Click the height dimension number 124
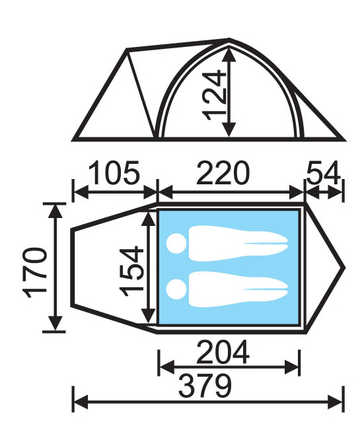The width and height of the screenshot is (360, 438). pos(215,95)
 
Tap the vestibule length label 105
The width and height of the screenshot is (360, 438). pos(114,173)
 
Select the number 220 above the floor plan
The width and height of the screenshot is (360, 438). pos(223,173)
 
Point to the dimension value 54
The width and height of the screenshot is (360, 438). pos(323,173)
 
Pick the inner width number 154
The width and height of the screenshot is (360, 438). pos(131,271)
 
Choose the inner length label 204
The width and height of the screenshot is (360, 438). pos(223,351)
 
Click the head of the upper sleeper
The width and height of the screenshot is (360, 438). pos(176,243)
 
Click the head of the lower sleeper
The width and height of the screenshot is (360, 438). pos(176,289)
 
